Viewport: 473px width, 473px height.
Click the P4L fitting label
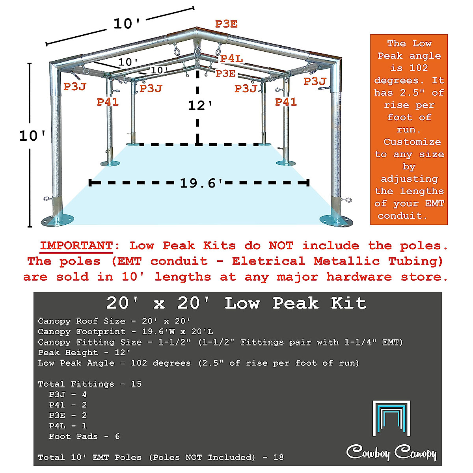point(231,59)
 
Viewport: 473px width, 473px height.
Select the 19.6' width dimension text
point(201,183)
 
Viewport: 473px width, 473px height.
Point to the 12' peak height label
point(200,106)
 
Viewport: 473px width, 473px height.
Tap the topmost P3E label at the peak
point(226,24)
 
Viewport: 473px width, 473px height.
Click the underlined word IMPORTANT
point(76,246)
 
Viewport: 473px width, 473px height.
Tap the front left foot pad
point(58,220)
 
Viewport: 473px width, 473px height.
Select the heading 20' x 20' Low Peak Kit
point(236,303)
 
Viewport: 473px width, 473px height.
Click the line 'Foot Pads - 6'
point(84,436)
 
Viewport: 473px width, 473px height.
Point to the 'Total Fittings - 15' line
point(90,384)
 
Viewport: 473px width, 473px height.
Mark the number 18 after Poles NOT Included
point(278,457)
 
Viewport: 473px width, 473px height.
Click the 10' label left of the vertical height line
point(32,136)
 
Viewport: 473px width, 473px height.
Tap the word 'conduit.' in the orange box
point(402,216)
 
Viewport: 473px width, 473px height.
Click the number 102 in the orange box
point(419,68)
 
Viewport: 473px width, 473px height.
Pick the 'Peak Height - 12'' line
point(84,352)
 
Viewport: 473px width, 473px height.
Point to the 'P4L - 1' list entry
point(68,426)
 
